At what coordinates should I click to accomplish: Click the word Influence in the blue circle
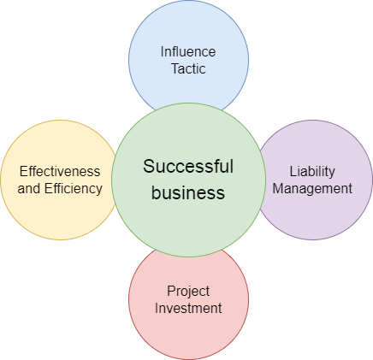[188, 52]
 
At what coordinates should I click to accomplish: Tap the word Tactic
[188, 68]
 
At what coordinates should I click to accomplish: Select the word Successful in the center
[188, 166]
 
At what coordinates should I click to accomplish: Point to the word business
[188, 192]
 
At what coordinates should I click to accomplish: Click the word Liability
[312, 172]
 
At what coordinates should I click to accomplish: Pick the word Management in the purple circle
[312, 188]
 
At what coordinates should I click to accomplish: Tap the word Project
[188, 292]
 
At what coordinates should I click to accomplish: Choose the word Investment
[188, 308]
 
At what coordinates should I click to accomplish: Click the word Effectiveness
[60, 172]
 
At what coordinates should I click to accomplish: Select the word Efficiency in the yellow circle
[74, 188]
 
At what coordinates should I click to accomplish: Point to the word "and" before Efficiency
[29, 188]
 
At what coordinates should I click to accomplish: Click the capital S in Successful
[149, 167]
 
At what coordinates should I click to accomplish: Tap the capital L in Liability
[293, 172]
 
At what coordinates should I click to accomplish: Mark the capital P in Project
[171, 291]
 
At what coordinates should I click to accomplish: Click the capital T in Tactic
[175, 68]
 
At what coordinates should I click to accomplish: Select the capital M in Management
[278, 188]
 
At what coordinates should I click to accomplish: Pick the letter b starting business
[156, 192]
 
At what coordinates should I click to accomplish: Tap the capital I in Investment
[157, 308]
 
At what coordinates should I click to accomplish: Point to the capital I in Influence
[162, 52]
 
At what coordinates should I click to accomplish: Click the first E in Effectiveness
[24, 172]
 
